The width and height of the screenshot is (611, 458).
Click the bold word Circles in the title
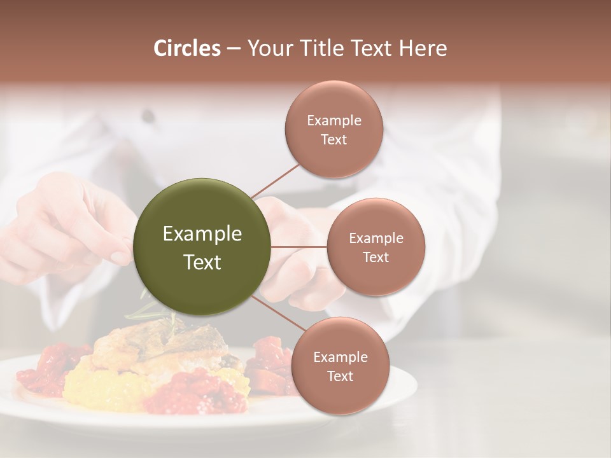(x=187, y=48)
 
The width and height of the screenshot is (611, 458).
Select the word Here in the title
(x=423, y=48)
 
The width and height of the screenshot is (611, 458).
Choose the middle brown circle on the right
(x=376, y=274)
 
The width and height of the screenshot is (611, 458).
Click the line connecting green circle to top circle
(x=275, y=181)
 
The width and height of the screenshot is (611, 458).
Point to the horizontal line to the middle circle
(x=299, y=247)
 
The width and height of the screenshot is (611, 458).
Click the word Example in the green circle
(x=202, y=234)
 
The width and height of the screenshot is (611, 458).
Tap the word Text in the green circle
(x=202, y=262)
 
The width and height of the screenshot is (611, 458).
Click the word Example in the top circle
(x=334, y=121)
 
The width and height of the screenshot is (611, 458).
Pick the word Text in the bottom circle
(x=340, y=377)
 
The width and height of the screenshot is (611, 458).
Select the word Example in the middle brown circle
(x=376, y=239)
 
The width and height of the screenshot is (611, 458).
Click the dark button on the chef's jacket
(x=148, y=116)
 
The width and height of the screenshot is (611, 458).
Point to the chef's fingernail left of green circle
(x=119, y=258)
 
